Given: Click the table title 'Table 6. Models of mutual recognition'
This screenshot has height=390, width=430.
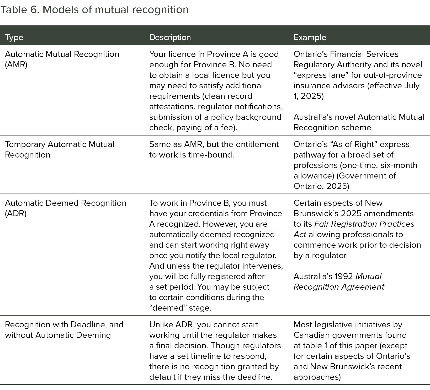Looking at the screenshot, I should coord(94,10).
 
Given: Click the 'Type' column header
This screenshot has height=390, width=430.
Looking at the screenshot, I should coord(14,37).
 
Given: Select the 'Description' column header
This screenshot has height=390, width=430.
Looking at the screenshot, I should coord(170,37).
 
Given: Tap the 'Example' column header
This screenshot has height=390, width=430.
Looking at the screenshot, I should coord(310,37).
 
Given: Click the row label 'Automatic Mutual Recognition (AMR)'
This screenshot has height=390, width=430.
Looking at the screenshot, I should coord(62,59).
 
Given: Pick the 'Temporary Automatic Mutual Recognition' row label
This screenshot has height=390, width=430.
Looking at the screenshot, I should coord(60,149).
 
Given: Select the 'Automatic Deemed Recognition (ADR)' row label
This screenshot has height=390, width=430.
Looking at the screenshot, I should coord(66,208).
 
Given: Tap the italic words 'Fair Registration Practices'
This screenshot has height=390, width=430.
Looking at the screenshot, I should coord(364,224).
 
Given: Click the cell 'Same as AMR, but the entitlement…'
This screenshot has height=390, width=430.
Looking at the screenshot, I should coord(214,149).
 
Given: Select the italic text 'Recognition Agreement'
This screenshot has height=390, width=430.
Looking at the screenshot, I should coord(339,287).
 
